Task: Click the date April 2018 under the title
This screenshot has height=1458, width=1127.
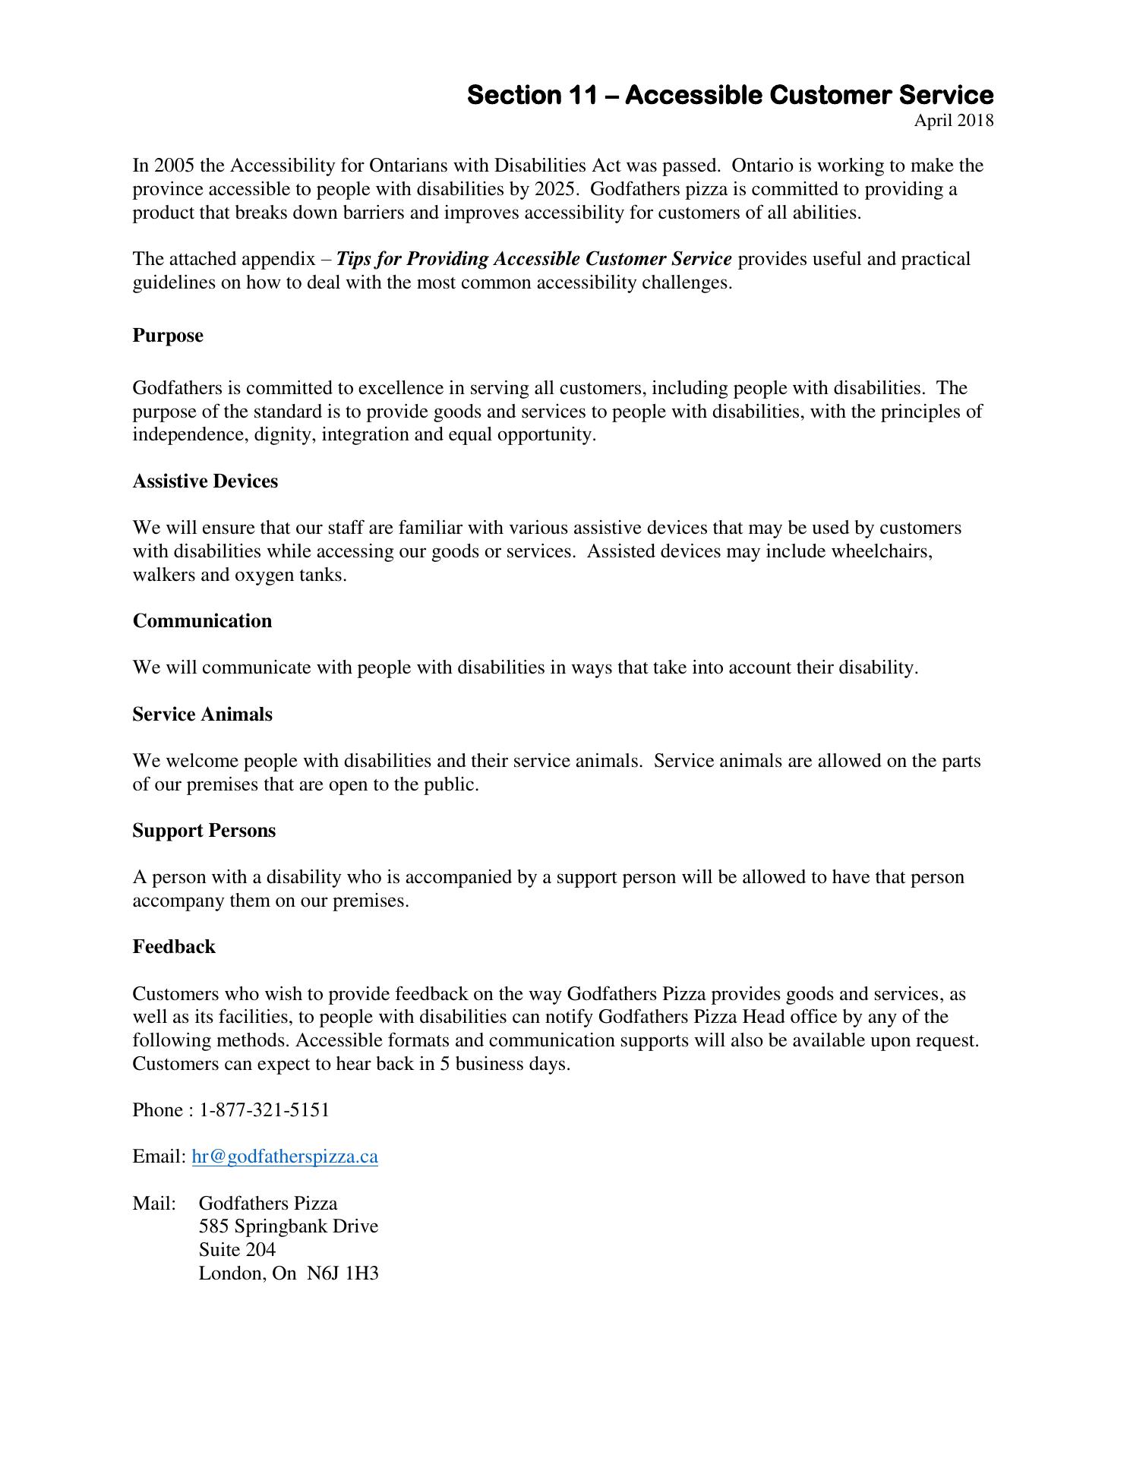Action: click(953, 121)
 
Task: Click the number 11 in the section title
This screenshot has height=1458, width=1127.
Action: click(582, 96)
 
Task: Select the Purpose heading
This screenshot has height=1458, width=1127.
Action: click(168, 336)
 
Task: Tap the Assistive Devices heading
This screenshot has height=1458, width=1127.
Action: click(205, 481)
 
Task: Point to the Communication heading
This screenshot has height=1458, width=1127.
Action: click(202, 621)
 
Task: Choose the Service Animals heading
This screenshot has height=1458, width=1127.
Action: click(202, 715)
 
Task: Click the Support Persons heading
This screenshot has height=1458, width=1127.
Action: click(204, 831)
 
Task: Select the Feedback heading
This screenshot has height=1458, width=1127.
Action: click(174, 947)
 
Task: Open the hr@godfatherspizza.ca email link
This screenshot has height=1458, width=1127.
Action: click(285, 1157)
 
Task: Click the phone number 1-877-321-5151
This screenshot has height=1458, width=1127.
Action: click(264, 1110)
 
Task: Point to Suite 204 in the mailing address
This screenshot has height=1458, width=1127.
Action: click(237, 1250)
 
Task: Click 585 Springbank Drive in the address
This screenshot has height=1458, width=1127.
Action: click(288, 1226)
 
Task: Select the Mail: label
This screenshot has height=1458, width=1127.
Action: click(154, 1204)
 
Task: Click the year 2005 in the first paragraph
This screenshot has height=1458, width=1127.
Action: click(174, 166)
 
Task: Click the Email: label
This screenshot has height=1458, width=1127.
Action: click(159, 1157)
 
